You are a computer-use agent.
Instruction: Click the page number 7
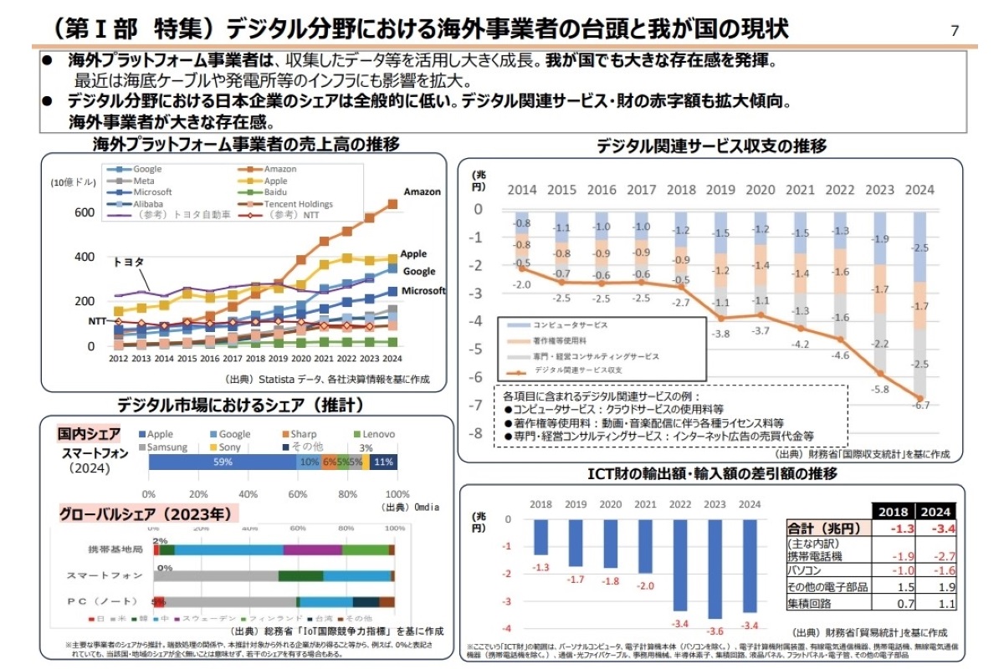pos(955,32)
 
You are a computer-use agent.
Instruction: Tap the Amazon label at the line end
pos(422,192)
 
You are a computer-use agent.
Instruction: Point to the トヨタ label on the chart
pos(128,262)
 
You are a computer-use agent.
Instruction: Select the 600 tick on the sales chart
pos(85,213)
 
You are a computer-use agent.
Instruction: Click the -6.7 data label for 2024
pos(921,405)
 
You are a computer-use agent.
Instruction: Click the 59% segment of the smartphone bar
pos(223,462)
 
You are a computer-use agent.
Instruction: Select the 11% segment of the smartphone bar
pos(384,462)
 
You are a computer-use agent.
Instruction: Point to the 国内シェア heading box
pos(89,434)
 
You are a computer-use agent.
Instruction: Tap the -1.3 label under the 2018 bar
pos(541,568)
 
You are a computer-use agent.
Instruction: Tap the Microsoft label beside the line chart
pos(423,291)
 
